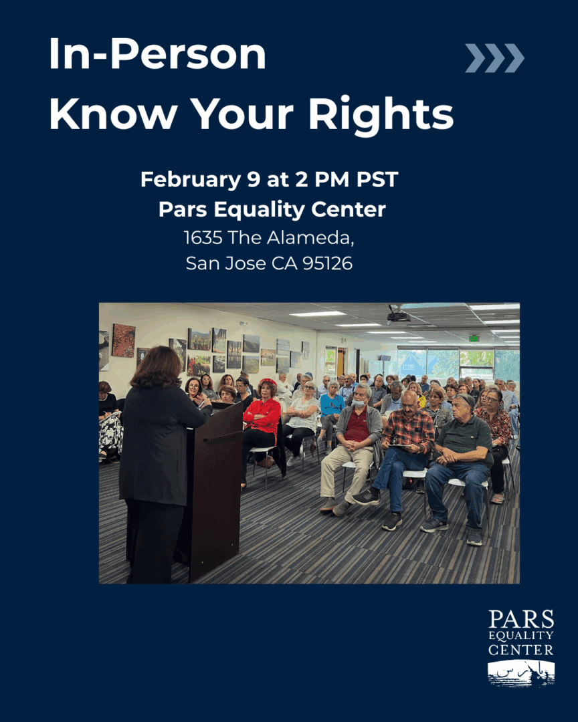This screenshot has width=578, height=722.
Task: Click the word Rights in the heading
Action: [x=381, y=115]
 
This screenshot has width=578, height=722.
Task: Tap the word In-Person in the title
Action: [x=157, y=53]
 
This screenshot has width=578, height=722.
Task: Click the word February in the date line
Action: [x=191, y=180]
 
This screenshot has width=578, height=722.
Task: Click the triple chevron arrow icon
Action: [x=494, y=58]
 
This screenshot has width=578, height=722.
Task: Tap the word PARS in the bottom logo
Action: [x=521, y=619]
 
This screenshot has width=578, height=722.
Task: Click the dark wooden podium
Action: [x=215, y=488]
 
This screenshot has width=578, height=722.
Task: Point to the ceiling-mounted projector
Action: [x=398, y=316]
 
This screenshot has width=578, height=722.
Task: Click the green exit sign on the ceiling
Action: [x=474, y=338]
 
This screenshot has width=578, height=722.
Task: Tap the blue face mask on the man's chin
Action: [x=359, y=404]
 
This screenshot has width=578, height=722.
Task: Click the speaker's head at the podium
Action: [x=159, y=367]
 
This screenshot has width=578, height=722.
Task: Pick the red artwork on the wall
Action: [x=124, y=340]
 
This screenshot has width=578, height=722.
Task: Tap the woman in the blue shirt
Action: [x=331, y=415]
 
